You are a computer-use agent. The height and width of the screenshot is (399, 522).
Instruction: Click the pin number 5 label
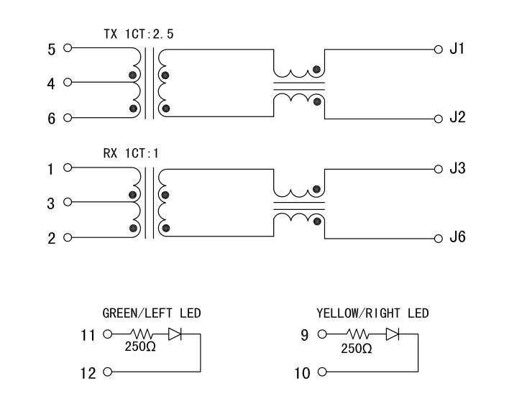[51, 50]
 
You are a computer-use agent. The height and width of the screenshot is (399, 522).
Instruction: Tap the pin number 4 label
[51, 84]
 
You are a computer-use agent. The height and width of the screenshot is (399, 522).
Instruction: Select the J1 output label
[457, 50]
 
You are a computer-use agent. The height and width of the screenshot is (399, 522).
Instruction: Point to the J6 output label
[457, 237]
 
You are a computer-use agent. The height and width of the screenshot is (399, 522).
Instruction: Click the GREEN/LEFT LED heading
[152, 313]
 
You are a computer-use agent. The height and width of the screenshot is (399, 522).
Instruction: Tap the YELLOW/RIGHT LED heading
[372, 313]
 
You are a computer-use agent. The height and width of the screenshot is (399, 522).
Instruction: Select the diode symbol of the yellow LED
[392, 334]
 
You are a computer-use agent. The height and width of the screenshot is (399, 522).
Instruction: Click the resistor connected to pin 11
[140, 334]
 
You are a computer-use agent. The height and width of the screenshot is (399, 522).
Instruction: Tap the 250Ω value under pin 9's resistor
[357, 349]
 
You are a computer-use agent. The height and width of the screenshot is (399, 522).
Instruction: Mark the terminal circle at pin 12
[108, 372]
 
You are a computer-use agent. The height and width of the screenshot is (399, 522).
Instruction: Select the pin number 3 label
[51, 204]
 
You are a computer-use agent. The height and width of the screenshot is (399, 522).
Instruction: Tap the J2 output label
[457, 118]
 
